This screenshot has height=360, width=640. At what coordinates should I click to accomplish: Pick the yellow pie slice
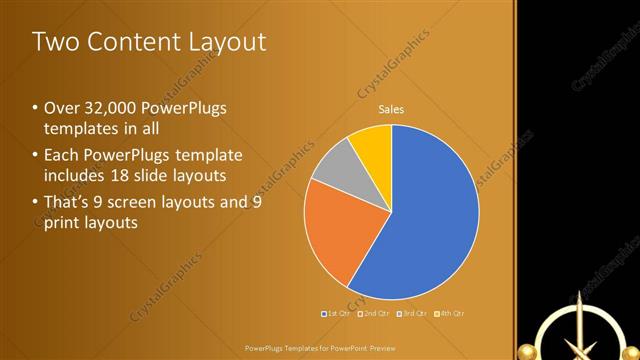click(x=373, y=143)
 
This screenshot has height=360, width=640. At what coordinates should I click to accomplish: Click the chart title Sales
click(x=391, y=109)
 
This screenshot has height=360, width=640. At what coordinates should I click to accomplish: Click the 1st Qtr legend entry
click(x=336, y=313)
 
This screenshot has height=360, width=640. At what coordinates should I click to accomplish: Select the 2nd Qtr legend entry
click(x=373, y=313)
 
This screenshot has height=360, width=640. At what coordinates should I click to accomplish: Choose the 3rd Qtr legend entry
click(x=411, y=313)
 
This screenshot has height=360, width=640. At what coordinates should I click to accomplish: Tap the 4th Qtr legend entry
click(x=449, y=313)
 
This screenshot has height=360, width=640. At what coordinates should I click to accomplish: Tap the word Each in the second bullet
click(x=61, y=155)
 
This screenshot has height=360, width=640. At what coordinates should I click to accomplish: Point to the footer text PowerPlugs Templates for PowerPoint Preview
click(x=320, y=348)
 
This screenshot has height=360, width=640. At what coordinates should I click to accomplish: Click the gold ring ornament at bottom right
click(x=575, y=335)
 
